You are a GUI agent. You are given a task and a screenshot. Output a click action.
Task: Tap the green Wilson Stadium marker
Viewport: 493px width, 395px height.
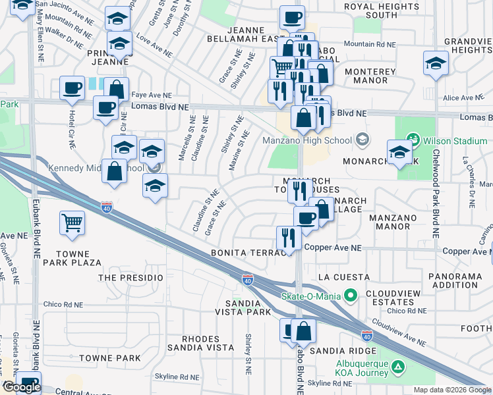pyautogui.click(x=413, y=140)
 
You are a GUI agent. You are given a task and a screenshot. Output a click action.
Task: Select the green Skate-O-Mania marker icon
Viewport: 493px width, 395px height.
pyautogui.click(x=351, y=294)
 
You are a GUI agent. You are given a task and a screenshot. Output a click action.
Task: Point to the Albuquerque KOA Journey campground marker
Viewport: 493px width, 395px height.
pyautogui.click(x=397, y=366)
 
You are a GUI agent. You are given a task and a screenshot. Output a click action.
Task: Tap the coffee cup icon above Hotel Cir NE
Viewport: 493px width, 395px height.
pyautogui.click(x=72, y=88)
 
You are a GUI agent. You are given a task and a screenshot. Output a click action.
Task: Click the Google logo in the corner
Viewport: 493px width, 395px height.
pyautogui.click(x=21, y=387)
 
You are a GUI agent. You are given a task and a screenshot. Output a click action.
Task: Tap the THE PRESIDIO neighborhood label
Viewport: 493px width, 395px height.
pyautogui.click(x=130, y=278)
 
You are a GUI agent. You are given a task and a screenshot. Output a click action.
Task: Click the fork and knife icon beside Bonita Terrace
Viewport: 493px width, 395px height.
pyautogui.click(x=288, y=238)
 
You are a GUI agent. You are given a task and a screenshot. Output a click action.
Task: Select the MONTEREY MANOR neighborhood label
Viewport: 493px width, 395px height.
pyautogui.click(x=362, y=76)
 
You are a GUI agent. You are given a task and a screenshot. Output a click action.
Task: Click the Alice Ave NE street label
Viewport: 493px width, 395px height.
pyautogui.click(x=459, y=98)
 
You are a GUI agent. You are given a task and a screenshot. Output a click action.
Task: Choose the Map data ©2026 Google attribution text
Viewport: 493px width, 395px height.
pyautogui.click(x=451, y=390)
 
